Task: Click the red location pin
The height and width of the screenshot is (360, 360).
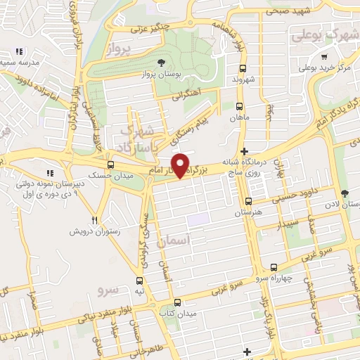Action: click(181, 165)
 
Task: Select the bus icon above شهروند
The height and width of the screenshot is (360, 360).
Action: click(243, 69)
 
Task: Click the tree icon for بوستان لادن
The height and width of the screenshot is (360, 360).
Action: click(344, 193)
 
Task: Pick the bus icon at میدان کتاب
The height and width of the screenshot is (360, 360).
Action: click(176, 302)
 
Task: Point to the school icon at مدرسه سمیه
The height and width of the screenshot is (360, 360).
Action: click(19, 51)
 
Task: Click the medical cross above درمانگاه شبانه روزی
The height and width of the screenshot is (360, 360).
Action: click(244, 152)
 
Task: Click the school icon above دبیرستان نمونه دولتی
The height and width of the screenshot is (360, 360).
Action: click(49, 173)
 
